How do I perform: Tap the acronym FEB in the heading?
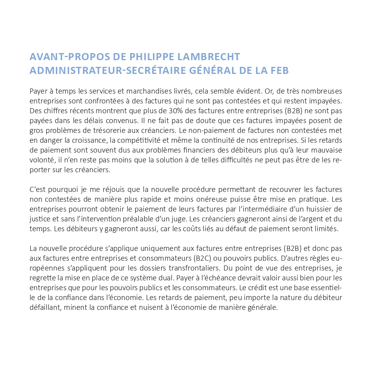[280, 71]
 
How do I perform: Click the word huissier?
[322, 208]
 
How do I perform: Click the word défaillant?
[44, 308]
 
